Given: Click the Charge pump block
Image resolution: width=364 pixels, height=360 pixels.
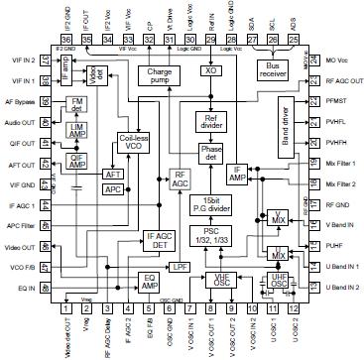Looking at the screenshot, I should click(x=158, y=76).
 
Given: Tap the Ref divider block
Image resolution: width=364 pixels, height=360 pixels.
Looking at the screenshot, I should click(x=209, y=122).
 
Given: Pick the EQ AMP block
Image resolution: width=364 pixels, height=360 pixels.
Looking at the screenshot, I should click(x=150, y=281).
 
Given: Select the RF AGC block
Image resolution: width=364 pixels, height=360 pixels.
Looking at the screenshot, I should click(x=181, y=179).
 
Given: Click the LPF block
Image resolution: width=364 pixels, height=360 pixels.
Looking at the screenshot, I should click(x=180, y=268).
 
